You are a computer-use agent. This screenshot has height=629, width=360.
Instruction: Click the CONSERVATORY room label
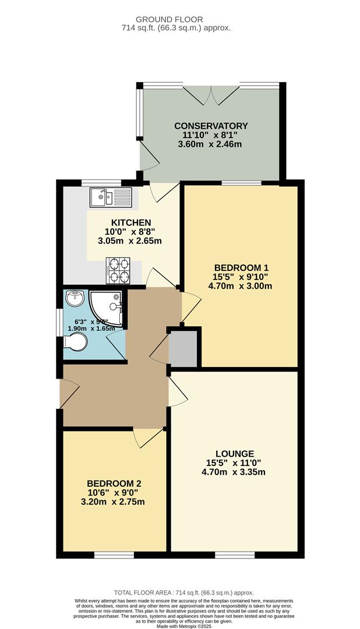coord(210,126)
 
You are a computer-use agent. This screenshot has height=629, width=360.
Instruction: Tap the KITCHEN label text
coord(131,222)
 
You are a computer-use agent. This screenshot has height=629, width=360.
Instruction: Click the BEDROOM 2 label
coord(114,483)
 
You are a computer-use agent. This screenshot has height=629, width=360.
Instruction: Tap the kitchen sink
coord(111,197)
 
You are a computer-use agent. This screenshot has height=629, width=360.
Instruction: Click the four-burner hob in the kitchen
coord(119,270)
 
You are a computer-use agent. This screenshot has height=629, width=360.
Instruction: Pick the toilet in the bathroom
coord(75,343)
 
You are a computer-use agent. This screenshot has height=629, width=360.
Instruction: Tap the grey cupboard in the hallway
coord(183,348)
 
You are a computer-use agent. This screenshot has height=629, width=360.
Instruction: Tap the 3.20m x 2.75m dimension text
coord(114,502)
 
